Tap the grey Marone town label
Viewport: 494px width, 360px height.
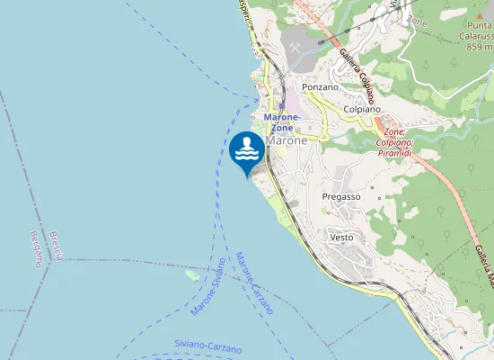pos(287,141)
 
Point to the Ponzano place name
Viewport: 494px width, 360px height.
pos(321,87)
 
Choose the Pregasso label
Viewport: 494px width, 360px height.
pos(341,196)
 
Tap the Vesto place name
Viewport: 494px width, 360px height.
pos(341,238)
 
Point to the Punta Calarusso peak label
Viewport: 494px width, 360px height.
pos(475,31)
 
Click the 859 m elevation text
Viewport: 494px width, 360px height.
pos(480,47)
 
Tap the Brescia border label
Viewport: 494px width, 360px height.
pos(56,246)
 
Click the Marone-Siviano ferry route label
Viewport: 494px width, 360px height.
pos(209,286)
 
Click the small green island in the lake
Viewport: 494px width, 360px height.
pos(191,274)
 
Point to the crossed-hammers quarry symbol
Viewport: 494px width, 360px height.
pos(295,46)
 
